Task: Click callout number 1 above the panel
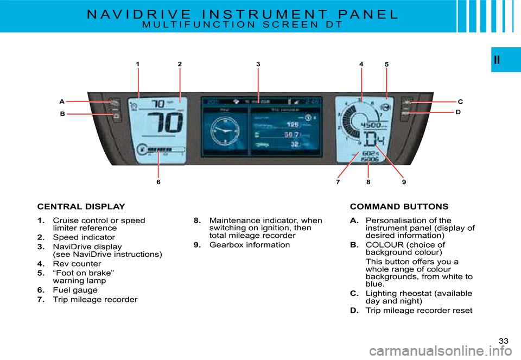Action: [138, 64]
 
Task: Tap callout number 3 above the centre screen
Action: [258, 64]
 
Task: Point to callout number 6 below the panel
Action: [158, 182]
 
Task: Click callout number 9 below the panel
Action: [404, 182]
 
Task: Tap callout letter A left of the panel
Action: [62, 102]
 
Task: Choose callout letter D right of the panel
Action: [458, 112]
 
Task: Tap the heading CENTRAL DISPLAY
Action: [81, 207]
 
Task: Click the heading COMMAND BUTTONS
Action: [399, 207]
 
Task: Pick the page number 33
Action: [504, 340]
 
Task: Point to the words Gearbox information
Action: [249, 245]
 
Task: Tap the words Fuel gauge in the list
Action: [75, 290]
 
